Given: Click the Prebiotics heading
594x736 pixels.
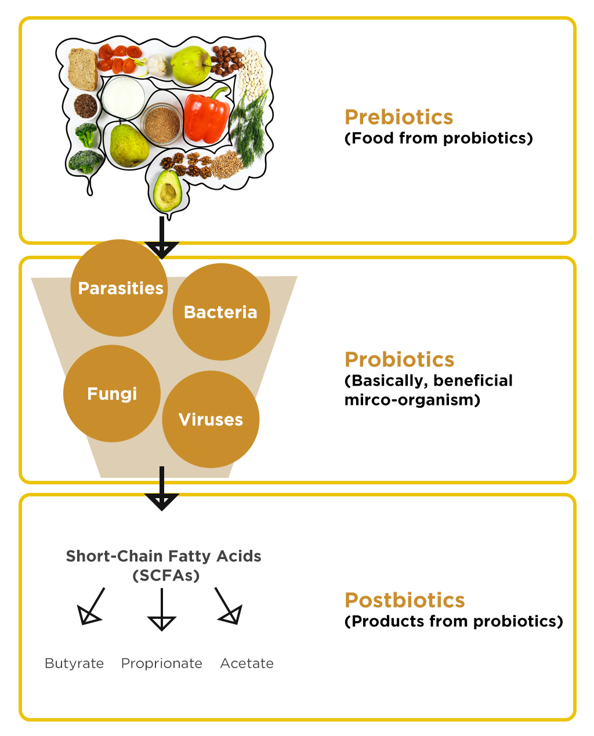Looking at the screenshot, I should (x=399, y=117).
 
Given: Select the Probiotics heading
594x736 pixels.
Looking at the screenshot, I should (x=399, y=360).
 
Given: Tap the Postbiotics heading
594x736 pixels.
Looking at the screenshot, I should (x=404, y=600).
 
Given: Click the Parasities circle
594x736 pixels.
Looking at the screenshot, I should (x=119, y=288).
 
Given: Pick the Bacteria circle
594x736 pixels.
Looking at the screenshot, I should (x=221, y=312).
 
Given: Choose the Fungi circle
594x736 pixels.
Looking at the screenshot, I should (x=112, y=394).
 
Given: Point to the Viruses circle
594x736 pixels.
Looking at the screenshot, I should (x=211, y=419).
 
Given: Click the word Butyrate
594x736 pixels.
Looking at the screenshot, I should (x=74, y=664).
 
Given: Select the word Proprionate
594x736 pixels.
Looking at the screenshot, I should (x=161, y=664).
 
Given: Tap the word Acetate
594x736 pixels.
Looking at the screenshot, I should (x=247, y=664).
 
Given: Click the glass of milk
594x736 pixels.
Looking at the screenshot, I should (x=123, y=97).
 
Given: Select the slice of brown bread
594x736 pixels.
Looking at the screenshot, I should (x=82, y=68).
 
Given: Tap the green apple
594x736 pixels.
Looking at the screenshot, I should (x=190, y=65).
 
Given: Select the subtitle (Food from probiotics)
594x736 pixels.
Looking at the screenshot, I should (x=439, y=139).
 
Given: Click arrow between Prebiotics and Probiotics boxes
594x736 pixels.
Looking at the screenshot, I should (x=162, y=238).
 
